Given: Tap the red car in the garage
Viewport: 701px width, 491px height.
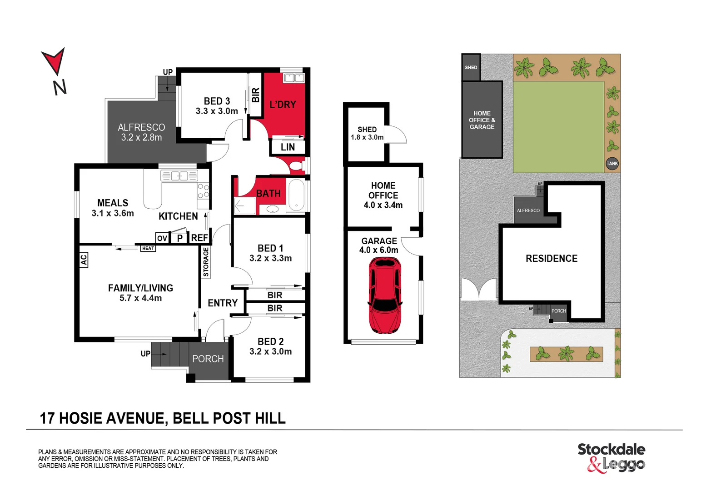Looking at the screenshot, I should pos(384,296).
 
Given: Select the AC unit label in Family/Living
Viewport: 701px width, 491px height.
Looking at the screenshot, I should pos(84,260).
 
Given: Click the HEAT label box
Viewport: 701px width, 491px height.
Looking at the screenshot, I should pos(148,248).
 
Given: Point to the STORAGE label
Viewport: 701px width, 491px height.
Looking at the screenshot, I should pos(206,262).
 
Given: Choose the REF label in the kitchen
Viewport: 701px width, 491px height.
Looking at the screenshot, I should pos(199,238).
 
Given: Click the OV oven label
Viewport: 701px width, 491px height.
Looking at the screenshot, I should pos(162,238).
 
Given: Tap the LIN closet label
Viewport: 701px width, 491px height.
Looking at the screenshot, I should pos(288,147).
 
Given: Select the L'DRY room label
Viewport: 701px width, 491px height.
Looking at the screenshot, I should pos(283,105).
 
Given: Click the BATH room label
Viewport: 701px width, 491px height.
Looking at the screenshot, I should pos(268,193).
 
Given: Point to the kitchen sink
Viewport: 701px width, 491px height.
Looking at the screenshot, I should pos(179,175).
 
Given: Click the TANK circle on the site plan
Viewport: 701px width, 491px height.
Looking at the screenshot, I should pos(612,164).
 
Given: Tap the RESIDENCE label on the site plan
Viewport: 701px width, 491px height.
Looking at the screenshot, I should pos(552,258).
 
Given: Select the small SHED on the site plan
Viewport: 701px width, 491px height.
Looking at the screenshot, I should pos(471,67).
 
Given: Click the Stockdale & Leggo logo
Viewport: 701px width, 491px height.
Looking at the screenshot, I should pos(611,457).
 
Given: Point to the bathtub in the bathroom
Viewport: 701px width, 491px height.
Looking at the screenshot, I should pos(296,196).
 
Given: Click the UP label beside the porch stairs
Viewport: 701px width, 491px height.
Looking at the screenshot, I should pos(145,354).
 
